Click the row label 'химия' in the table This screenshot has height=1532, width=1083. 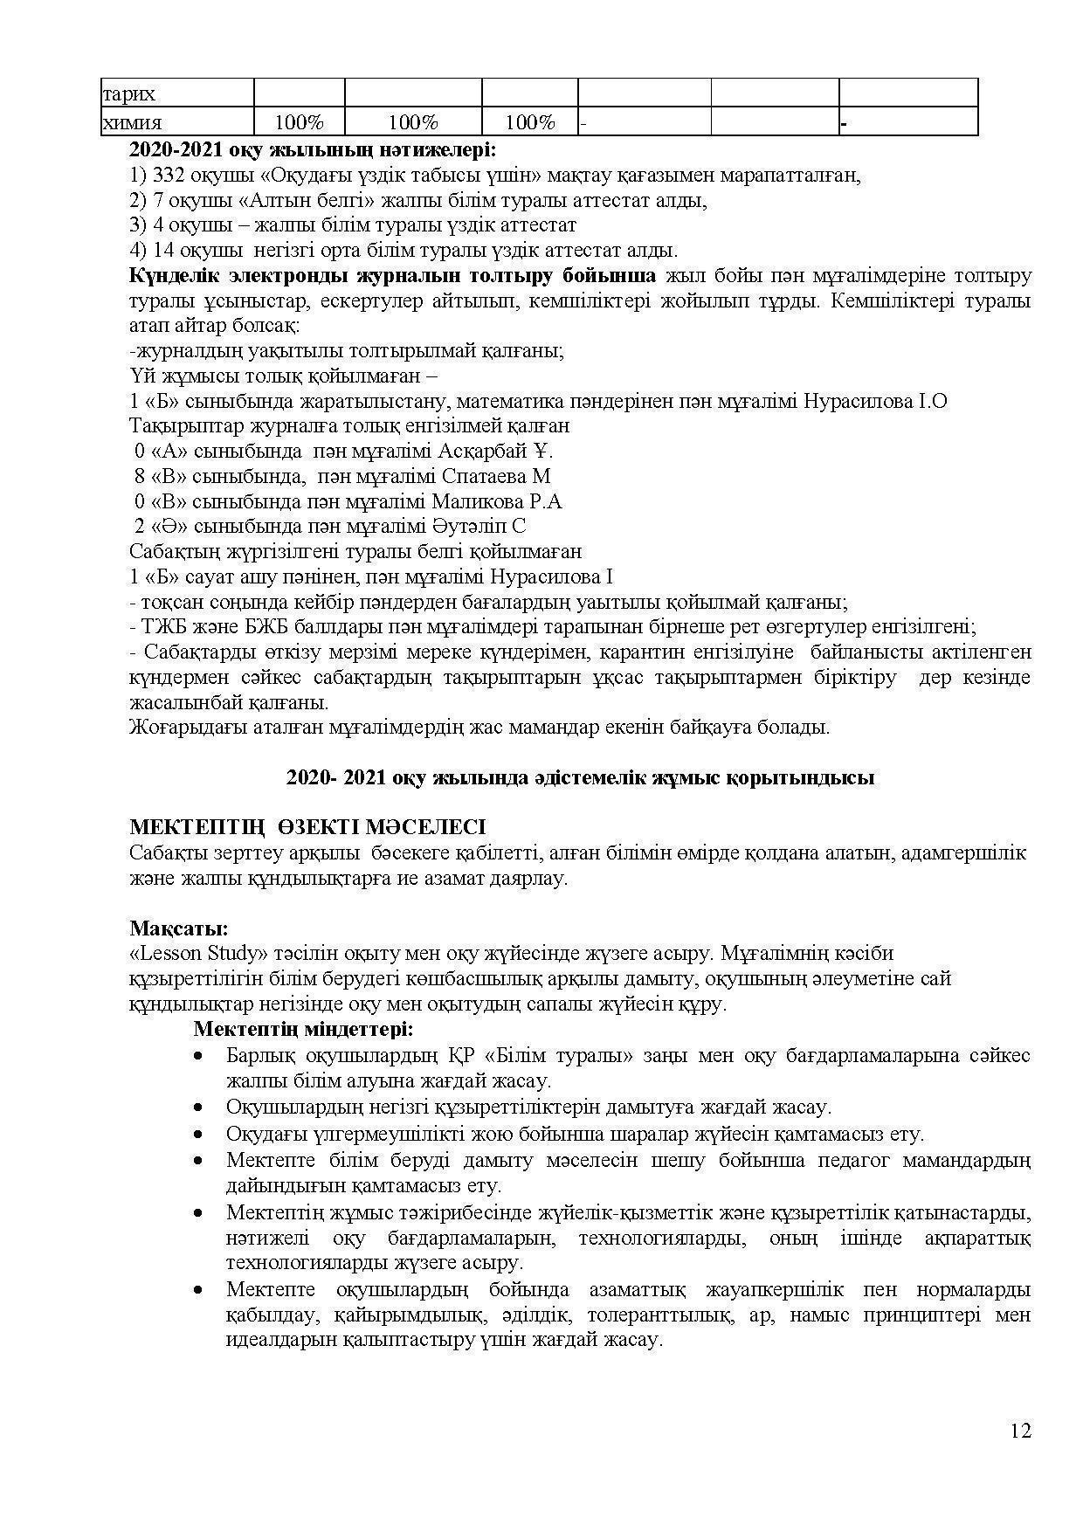tap(132, 123)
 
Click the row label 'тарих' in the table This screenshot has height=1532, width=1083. tap(129, 94)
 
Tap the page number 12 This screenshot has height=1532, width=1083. tap(1020, 1431)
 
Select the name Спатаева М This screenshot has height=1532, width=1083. tap(497, 477)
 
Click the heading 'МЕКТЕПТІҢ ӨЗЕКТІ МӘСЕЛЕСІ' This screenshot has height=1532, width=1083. tap(307, 827)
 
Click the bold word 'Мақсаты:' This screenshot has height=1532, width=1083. tap(179, 928)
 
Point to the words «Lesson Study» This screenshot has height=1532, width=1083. tap(198, 953)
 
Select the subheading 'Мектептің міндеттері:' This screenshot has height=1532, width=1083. tap(303, 1029)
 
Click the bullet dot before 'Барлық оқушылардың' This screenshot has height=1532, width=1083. tap(201, 1055)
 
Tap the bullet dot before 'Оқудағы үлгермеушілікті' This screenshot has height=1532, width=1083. tap(201, 1134)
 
